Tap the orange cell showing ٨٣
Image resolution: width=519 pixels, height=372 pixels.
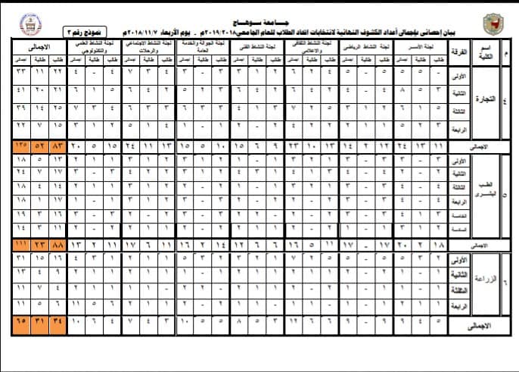59,144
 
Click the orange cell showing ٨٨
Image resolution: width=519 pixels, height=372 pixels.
59,244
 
